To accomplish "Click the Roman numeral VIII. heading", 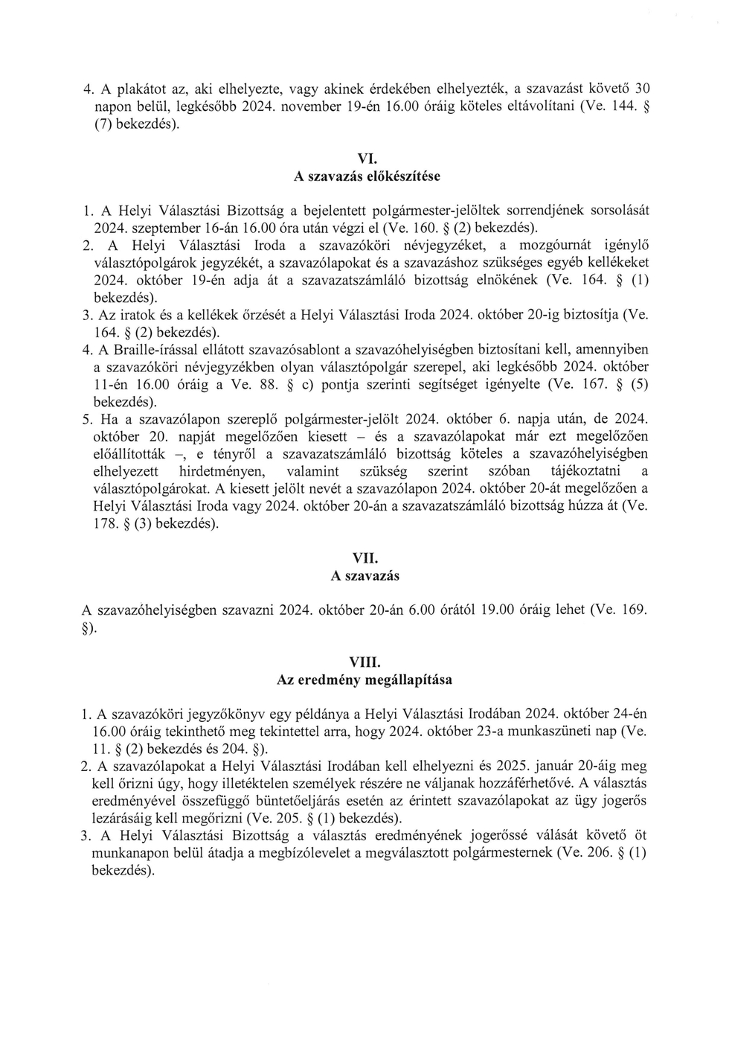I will pyautogui.click(x=364, y=662).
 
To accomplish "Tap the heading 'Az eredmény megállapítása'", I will pyautogui.click(x=364, y=680).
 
